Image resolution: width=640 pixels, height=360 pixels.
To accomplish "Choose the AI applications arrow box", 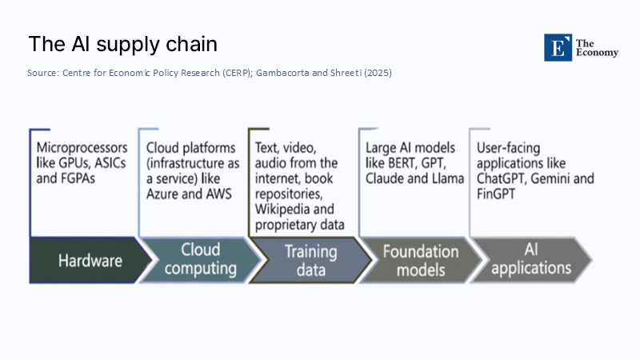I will click(x=530, y=260).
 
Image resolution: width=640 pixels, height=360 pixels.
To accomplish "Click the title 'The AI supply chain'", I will click(x=122, y=44).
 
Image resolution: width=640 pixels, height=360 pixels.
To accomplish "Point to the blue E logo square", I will click(x=558, y=48).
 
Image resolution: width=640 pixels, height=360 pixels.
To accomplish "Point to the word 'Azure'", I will click(x=165, y=194).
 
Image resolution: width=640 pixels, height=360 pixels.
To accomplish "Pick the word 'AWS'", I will click(x=224, y=194).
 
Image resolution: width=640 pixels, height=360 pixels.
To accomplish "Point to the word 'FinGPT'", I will click(x=498, y=194).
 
